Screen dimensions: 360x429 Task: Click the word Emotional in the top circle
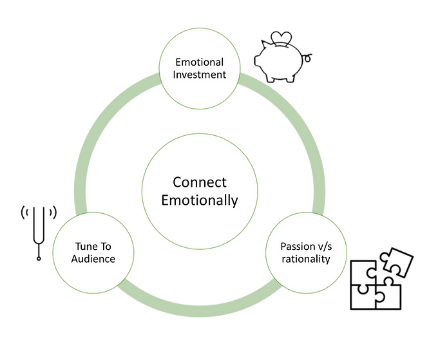200,63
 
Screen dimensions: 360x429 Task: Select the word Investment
200,75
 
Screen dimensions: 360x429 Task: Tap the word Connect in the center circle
200,184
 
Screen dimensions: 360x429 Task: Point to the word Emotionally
200,200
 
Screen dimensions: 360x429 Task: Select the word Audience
93,259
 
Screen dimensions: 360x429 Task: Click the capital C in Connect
178,184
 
